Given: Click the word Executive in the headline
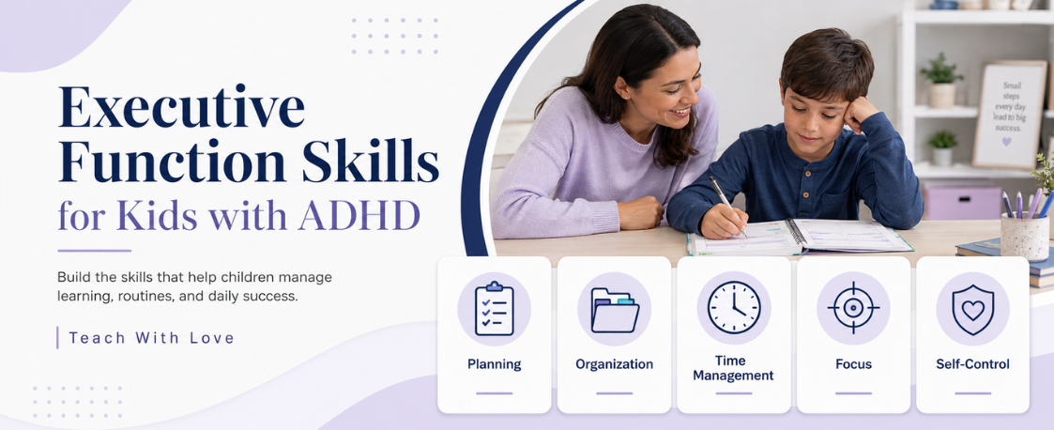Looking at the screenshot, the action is click(x=181, y=107).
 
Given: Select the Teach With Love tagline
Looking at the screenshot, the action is click(x=151, y=338).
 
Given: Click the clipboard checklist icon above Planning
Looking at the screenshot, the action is click(x=494, y=309).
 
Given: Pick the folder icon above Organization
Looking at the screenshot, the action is click(x=615, y=310).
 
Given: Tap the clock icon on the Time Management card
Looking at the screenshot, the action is click(x=734, y=308).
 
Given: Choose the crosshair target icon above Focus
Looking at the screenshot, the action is click(x=853, y=308).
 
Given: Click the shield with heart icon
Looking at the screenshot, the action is click(x=972, y=309).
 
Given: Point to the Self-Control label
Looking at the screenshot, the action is click(x=972, y=364).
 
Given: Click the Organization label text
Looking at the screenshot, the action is click(x=615, y=364).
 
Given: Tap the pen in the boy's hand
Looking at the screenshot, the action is click(x=726, y=206).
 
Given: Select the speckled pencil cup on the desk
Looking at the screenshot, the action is click(x=1024, y=236).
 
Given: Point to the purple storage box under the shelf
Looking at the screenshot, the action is click(x=962, y=203).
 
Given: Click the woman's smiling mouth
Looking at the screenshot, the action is click(x=680, y=111).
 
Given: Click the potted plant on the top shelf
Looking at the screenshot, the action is click(x=941, y=80).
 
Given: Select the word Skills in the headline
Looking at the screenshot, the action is click(x=370, y=162).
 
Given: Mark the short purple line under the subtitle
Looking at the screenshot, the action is click(x=94, y=251).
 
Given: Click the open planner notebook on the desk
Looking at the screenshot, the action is click(x=800, y=237).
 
